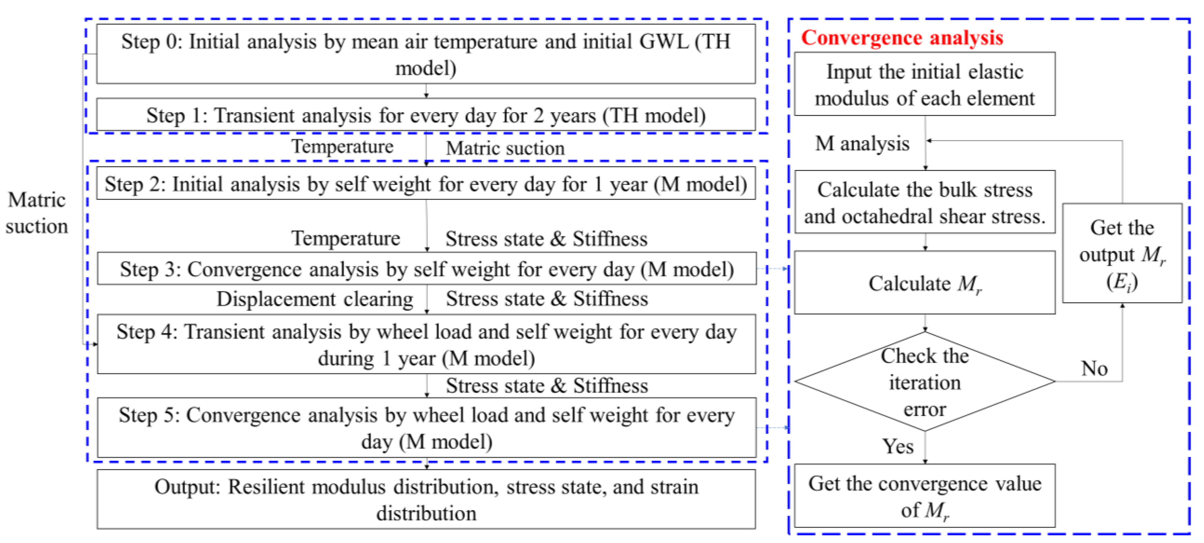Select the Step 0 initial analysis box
coord(426,54)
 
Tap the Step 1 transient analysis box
coord(426,115)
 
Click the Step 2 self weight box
coord(426,184)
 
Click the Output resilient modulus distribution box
coord(426,500)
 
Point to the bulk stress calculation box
coord(924,203)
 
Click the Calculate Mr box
coord(924,283)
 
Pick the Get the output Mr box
coord(1122,253)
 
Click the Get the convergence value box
coord(924,496)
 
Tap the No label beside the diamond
coord(1094,368)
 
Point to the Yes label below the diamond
coord(897,446)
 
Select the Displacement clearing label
coord(315,299)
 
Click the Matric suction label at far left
coord(37,213)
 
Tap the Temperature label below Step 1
coord(343,146)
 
